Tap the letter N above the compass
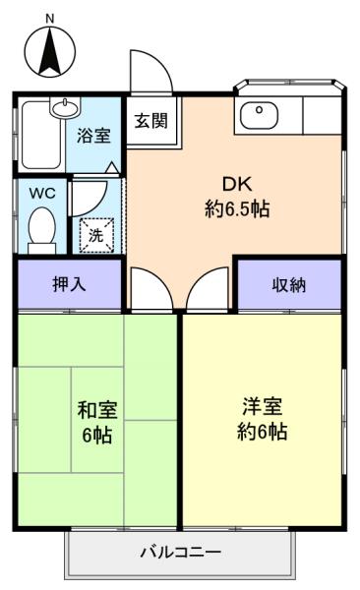(50, 19)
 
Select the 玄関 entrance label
(151, 121)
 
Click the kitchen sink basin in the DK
(259, 115)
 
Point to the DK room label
(237, 185)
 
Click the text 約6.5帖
(237, 208)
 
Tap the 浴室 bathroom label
(93, 136)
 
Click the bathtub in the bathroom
(41, 135)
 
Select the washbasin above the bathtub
(66, 107)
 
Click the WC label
(42, 193)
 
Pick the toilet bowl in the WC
(41, 229)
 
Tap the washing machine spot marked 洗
(96, 235)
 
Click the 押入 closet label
(69, 284)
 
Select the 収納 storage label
(289, 285)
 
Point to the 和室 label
(97, 410)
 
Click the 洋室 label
(262, 406)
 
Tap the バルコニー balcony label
(180, 553)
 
